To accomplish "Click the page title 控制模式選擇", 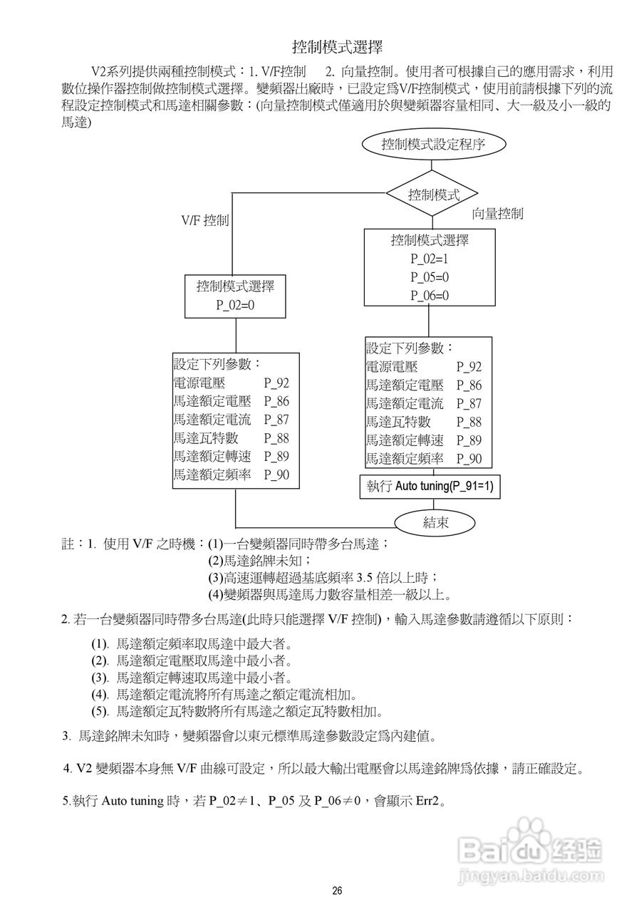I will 337,48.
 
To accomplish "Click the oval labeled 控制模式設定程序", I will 433,145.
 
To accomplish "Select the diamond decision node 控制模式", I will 432,194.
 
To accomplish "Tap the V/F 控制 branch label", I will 204,220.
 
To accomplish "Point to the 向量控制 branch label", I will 498,213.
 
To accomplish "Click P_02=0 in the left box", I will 235,305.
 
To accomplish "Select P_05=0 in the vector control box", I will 429,277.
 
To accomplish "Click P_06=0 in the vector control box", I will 429,296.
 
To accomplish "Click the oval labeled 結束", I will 435,522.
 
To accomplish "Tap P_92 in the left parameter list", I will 276,383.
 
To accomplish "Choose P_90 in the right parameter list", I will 469,459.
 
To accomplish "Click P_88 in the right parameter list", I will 469,422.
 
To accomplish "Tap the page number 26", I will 337,891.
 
